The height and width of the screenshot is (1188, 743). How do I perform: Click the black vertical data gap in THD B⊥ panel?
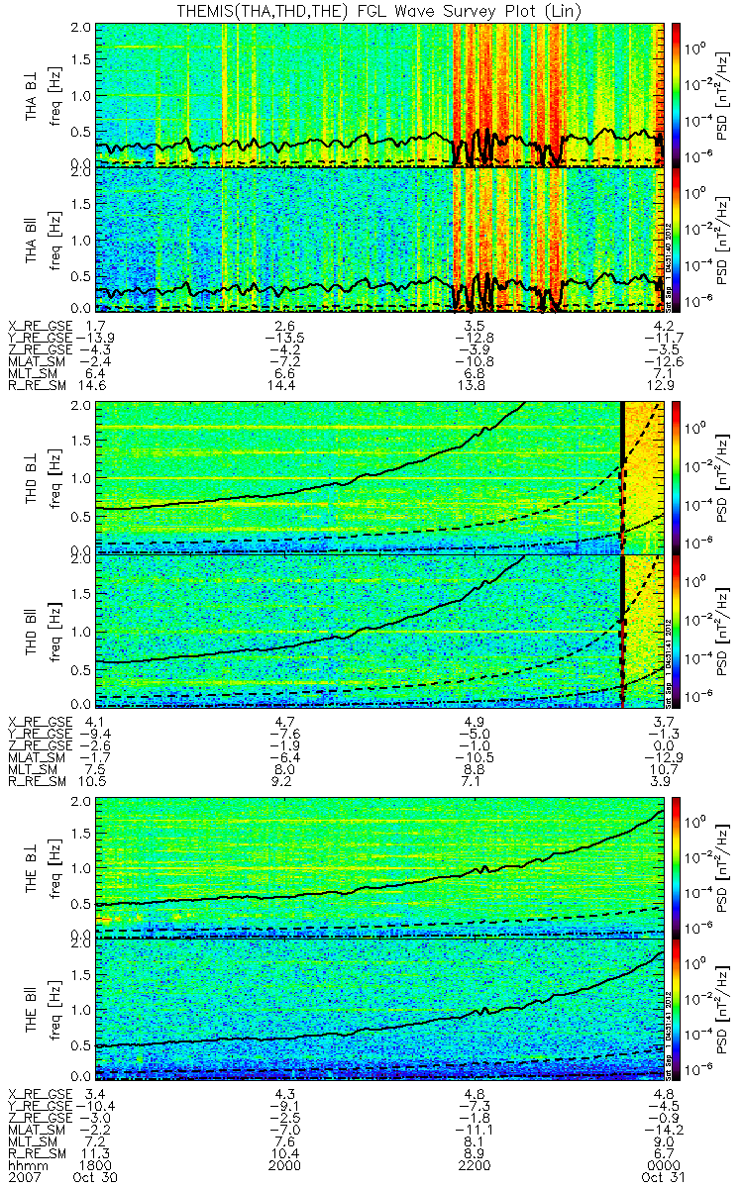point(622,475)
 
